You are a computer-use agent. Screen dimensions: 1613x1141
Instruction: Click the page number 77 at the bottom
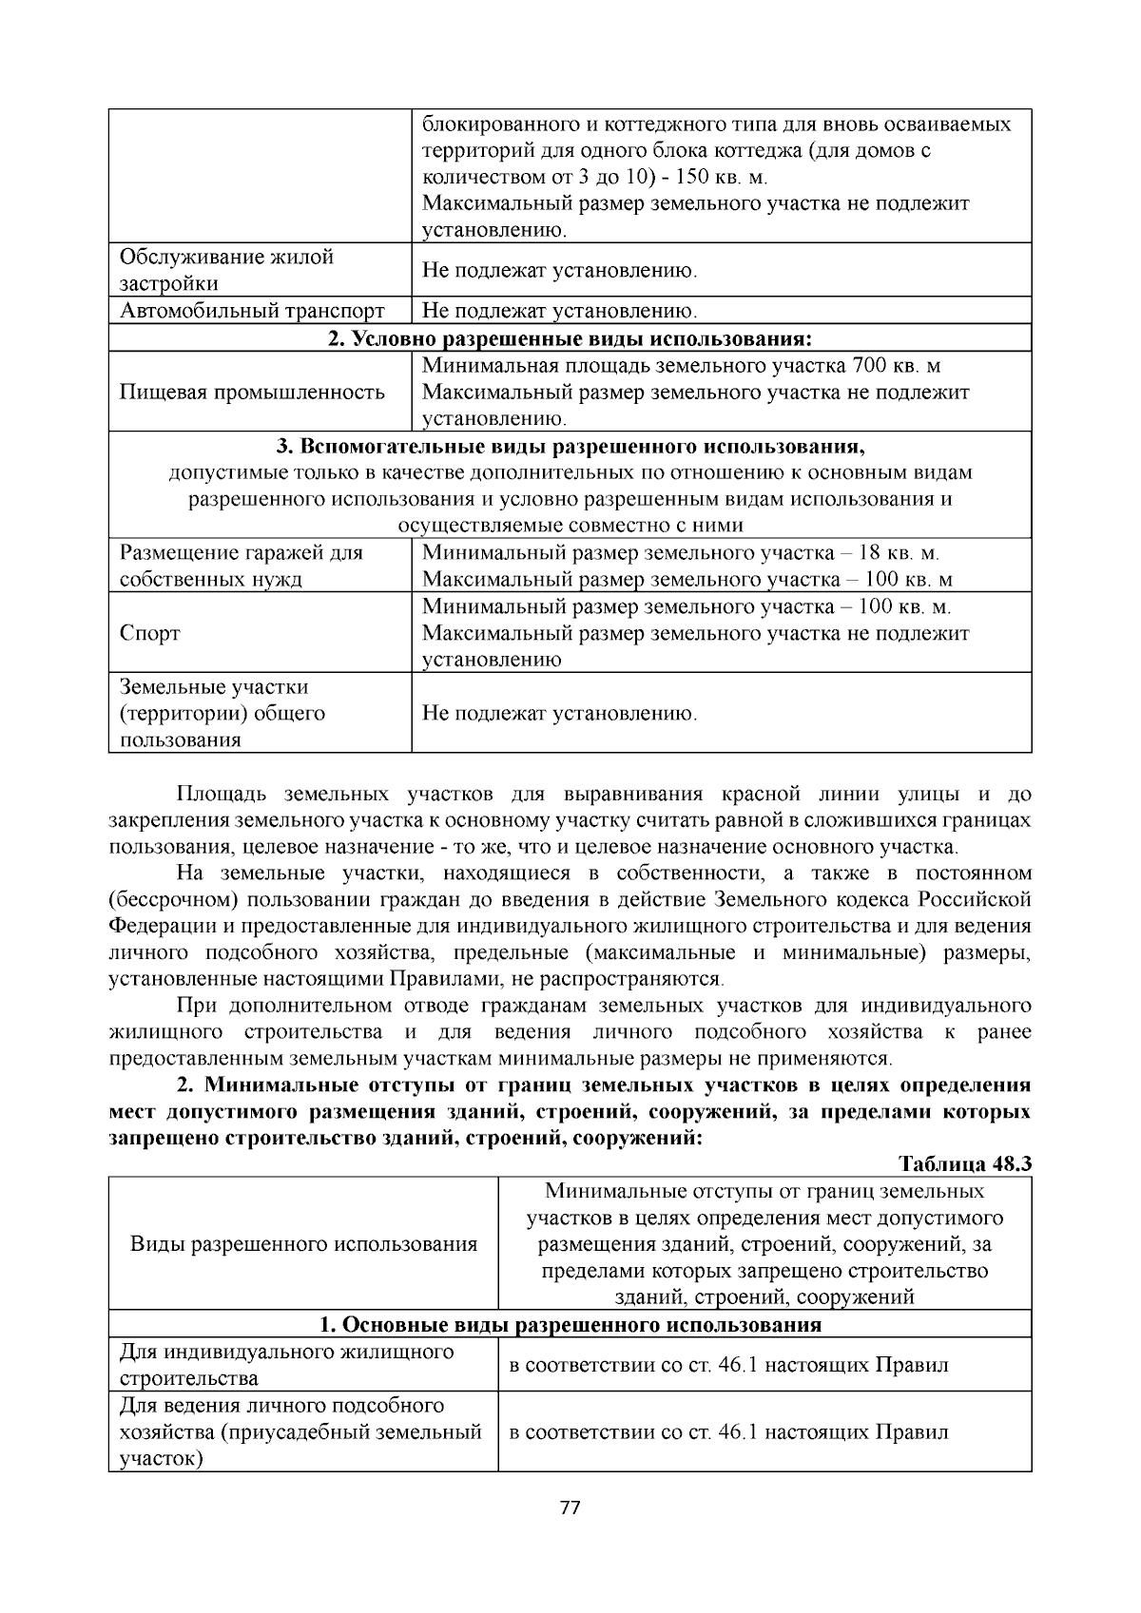point(570,1507)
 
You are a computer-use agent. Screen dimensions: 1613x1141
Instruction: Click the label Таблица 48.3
point(965,1164)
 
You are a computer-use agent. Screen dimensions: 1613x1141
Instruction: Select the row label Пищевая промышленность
point(252,393)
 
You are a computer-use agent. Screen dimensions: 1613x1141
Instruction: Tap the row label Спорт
point(150,634)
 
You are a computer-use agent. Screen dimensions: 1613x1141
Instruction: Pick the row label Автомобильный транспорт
point(252,311)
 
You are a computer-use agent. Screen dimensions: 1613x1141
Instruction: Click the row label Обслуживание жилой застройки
point(226,271)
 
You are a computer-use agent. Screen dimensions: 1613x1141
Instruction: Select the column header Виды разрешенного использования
point(303,1244)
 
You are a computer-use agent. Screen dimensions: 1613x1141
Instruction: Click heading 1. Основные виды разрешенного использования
point(570,1325)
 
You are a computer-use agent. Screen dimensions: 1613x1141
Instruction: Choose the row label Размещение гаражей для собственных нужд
point(241,566)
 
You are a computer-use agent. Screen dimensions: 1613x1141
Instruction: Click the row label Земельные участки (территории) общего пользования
point(222,713)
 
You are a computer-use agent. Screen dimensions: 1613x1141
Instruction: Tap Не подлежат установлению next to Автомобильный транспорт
point(559,311)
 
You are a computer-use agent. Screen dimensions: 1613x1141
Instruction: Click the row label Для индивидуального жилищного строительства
point(285,1365)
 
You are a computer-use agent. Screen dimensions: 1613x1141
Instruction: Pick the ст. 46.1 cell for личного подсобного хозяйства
point(728,1432)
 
